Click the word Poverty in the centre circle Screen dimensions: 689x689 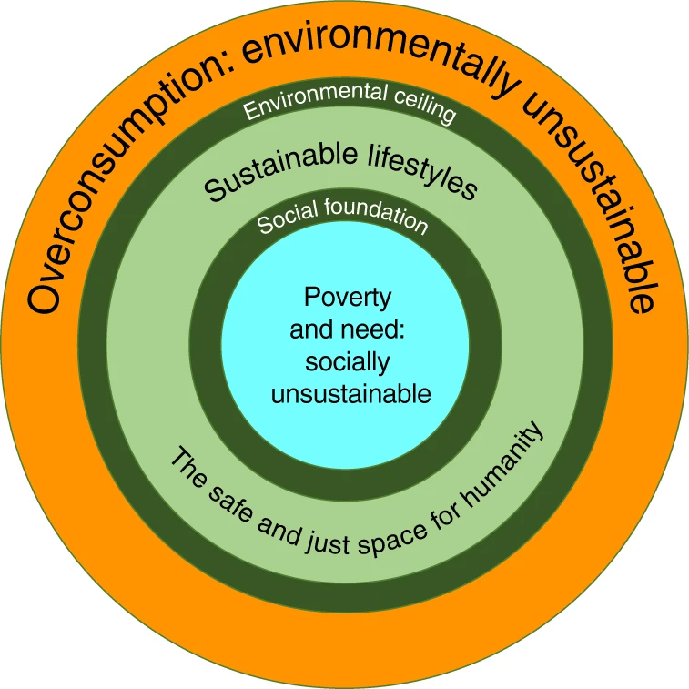coord(347,298)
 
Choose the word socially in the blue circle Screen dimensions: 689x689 coord(347,362)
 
